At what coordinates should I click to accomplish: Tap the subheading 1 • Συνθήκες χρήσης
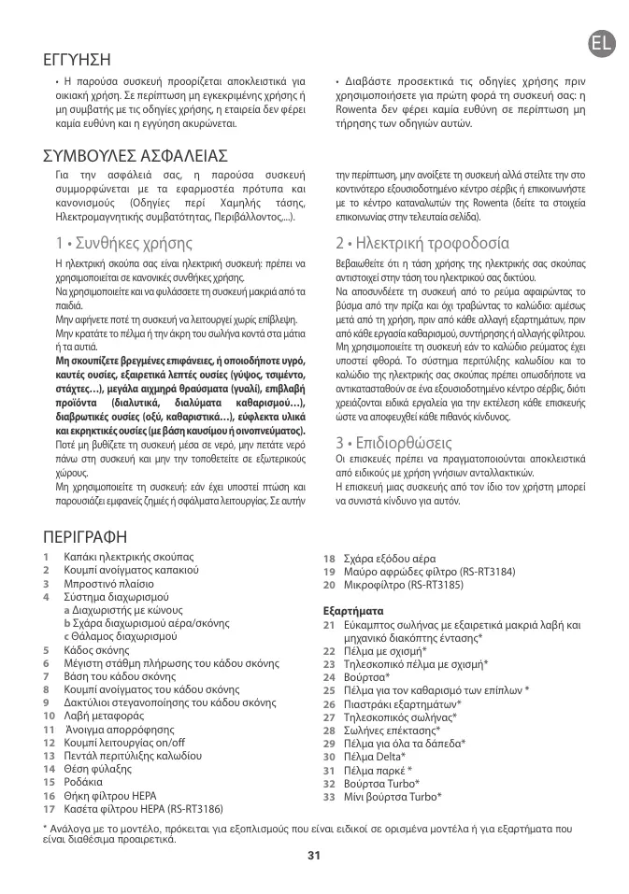pyautogui.click(x=124, y=243)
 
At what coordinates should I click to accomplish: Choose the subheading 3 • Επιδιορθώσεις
pyautogui.click(x=393, y=441)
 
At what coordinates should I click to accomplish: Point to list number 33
pyautogui.click(x=329, y=796)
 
